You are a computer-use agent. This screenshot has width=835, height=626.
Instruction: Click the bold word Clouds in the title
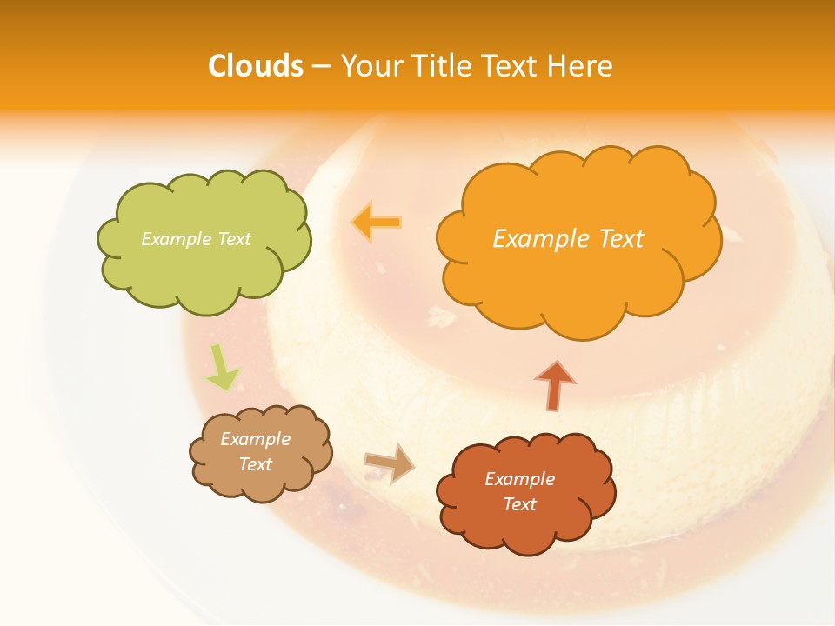[x=256, y=66]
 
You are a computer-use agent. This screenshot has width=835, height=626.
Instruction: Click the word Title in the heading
[x=442, y=66]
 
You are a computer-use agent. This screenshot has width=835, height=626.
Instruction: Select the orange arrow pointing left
[x=377, y=222]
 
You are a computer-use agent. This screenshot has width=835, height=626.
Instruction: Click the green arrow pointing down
[x=222, y=367]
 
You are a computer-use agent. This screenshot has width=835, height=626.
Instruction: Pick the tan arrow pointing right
[x=390, y=462]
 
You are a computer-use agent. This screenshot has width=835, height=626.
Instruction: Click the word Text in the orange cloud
[x=621, y=238]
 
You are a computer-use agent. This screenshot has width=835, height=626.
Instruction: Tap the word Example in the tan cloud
[x=255, y=439]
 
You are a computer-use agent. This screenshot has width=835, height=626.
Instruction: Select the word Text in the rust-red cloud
[x=519, y=504]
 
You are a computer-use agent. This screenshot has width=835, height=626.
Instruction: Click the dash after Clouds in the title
[x=320, y=67]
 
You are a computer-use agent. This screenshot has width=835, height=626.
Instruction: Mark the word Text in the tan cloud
[x=255, y=464]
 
